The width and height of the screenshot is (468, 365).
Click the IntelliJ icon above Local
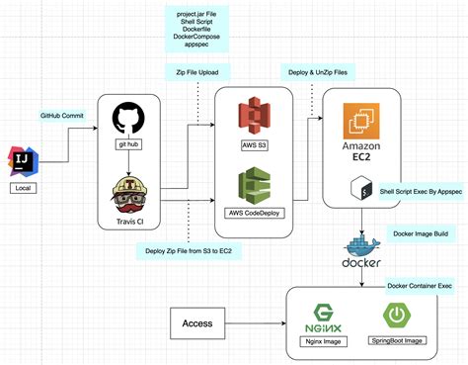[22, 159]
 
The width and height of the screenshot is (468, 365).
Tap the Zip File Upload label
[197, 72]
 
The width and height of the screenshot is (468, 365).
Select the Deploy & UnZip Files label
[316, 72]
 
